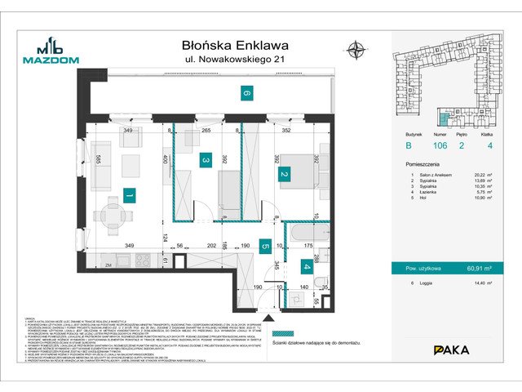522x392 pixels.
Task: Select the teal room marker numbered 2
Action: click(284, 174)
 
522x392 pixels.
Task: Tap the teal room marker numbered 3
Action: click(207, 161)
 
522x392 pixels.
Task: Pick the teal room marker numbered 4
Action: click(307, 266)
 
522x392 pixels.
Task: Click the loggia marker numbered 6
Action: click(245, 93)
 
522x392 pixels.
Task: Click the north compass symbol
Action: click(356, 51)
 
